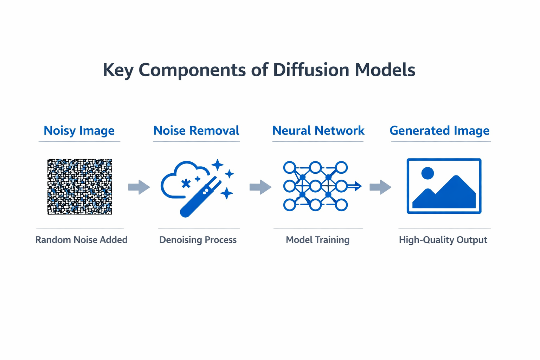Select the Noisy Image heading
pyautogui.click(x=79, y=130)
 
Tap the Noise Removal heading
pyautogui.click(x=196, y=130)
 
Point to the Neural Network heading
pyautogui.click(x=318, y=130)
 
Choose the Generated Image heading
pyautogui.click(x=439, y=130)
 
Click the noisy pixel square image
pyautogui.click(x=80, y=186)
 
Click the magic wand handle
pyautogui.click(x=192, y=206)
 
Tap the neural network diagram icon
pyautogui.click(x=316, y=186)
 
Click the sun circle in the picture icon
pyautogui.click(x=427, y=173)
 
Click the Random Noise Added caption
pyautogui.click(x=81, y=240)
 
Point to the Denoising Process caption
pyautogui.click(x=198, y=240)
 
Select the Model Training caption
pyautogui.click(x=317, y=240)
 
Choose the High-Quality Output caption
pyautogui.click(x=443, y=240)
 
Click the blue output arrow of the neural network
pyautogui.click(x=356, y=186)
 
